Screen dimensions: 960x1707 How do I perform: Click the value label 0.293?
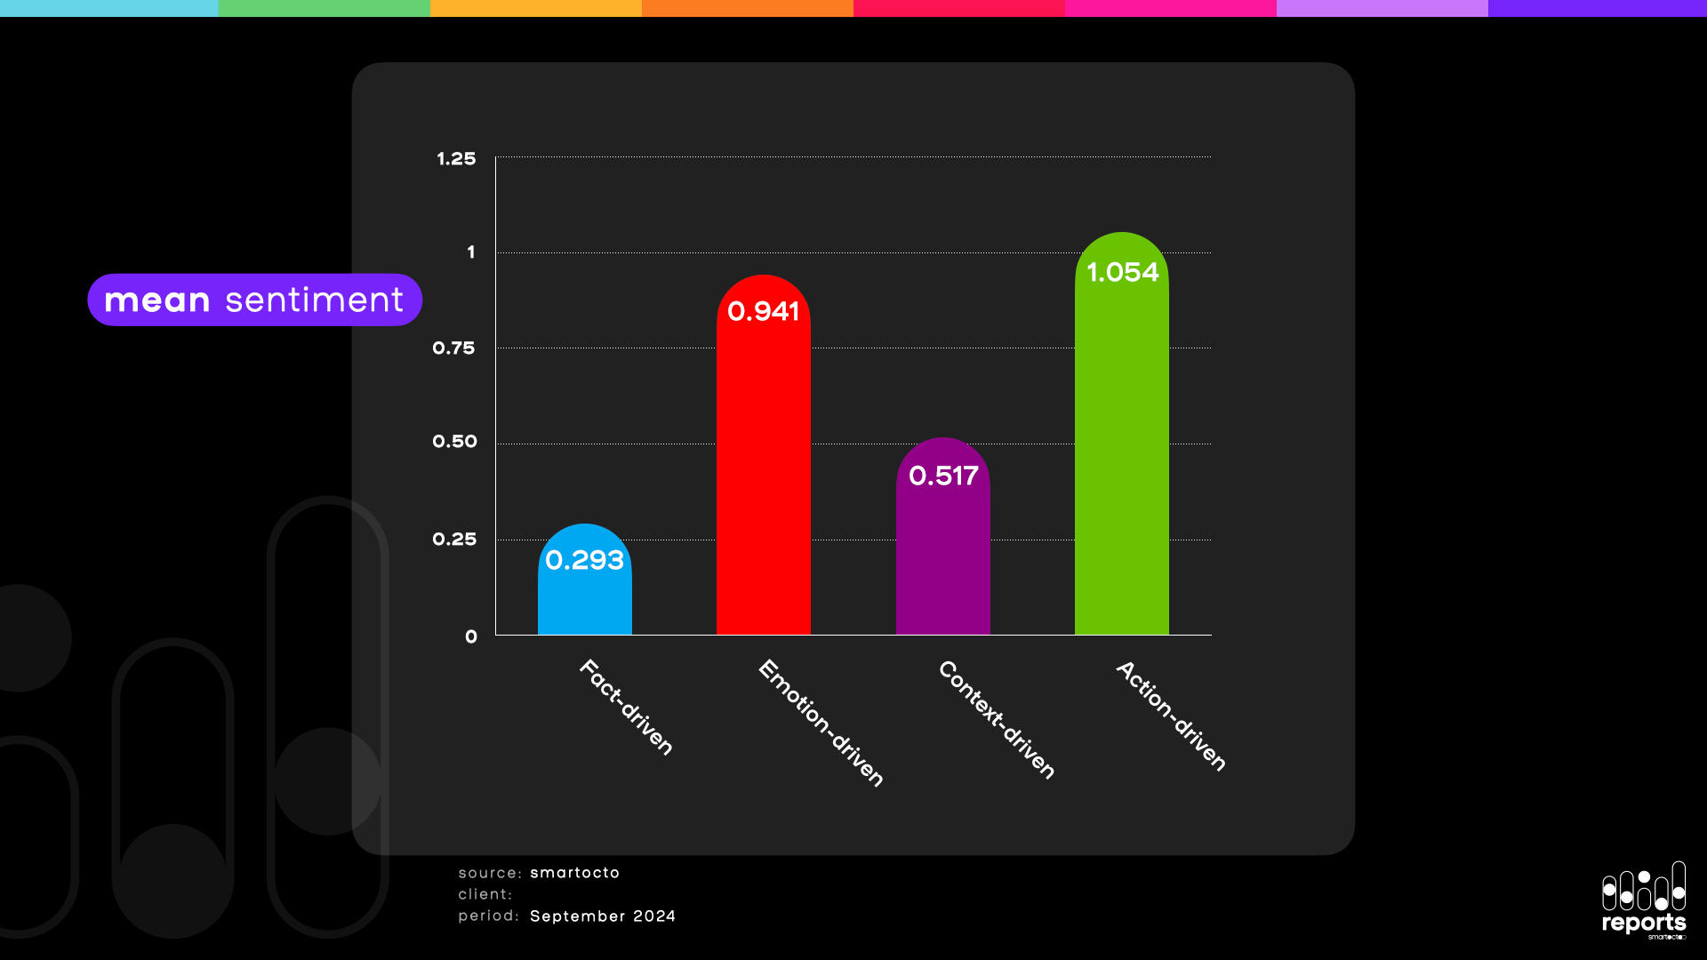point(584,560)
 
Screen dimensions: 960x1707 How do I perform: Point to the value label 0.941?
point(763,311)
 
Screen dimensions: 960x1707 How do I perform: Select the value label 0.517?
point(942,476)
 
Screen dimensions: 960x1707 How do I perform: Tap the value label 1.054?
point(1122,272)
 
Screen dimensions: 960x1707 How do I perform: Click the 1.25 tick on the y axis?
point(456,159)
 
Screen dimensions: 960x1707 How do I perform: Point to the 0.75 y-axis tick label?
point(453,348)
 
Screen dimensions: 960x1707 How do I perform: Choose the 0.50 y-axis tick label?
point(454,442)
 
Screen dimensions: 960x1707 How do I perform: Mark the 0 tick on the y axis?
point(471,636)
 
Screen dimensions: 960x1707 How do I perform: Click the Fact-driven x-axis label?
point(626,708)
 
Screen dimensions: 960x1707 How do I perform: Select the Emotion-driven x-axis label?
point(821,723)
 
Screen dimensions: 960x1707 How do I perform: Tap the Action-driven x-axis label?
point(1171,716)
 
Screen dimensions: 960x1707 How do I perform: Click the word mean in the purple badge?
point(157,300)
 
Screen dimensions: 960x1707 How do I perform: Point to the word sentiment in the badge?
point(314,300)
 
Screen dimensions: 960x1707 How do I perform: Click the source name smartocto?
point(574,873)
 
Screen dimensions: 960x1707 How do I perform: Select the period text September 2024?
point(603,916)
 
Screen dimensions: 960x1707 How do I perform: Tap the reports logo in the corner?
point(1644,900)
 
